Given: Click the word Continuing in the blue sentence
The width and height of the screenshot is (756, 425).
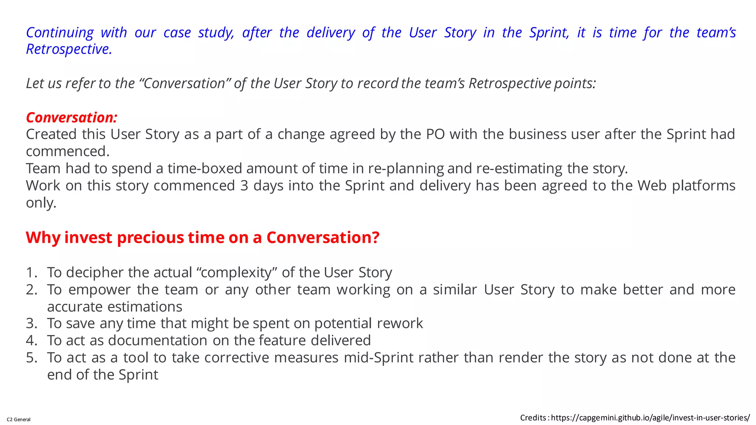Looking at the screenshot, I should pos(60,32).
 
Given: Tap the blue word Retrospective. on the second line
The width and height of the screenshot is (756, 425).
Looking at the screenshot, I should pos(69,49).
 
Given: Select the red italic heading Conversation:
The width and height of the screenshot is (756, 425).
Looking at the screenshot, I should pos(72,117).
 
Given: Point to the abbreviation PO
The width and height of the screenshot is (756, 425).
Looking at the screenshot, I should pos(435,134).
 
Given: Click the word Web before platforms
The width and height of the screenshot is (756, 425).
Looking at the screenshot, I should pos(652,186).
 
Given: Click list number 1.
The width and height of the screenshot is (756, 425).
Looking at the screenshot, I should pos(31,273).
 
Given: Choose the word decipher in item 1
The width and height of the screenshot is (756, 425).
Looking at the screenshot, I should pos(95,273).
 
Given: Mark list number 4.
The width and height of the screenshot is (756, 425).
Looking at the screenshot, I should pos(31,341).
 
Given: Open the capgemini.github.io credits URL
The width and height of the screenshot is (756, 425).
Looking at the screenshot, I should pos(650,418).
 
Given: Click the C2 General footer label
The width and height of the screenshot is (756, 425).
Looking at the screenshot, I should pos(19,419).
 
